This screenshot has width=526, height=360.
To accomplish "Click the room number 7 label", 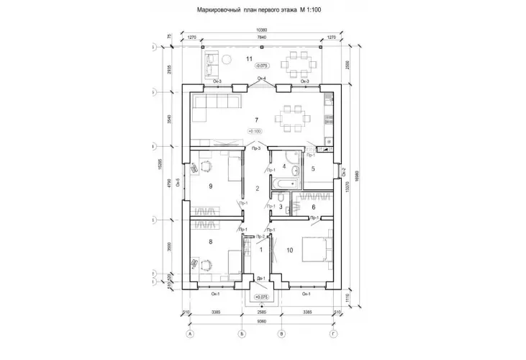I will (255, 120).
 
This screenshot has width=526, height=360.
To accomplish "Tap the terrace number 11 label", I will (249, 58).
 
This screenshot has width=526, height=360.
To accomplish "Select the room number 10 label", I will (289, 250).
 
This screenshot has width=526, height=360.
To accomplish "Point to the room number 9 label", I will (210, 186).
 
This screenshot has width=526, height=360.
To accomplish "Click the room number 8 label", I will (210, 242).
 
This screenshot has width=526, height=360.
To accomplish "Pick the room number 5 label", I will (314, 207).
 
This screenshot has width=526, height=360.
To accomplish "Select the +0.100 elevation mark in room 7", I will (255, 131).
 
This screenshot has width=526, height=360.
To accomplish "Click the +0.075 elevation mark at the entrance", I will (260, 295).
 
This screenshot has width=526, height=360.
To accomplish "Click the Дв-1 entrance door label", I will (260, 278).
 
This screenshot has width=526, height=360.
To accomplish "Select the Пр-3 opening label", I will (246, 148).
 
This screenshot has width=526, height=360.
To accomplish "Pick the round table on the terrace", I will (225, 59).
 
